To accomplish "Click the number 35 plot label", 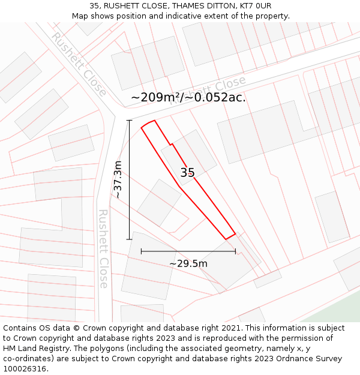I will [x=188, y=173].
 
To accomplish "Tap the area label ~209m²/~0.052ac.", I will [x=188, y=97].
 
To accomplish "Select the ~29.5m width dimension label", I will [x=188, y=263].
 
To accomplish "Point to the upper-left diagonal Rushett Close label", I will [x=79, y=64].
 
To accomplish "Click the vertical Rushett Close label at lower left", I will [x=103, y=248].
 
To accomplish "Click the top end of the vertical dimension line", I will [x=129, y=121].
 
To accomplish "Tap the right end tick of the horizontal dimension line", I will [x=235, y=251].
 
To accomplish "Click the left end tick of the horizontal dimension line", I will [x=141, y=251].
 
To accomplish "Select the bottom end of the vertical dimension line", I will [x=129, y=239].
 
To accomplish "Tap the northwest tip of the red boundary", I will [x=142, y=127].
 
